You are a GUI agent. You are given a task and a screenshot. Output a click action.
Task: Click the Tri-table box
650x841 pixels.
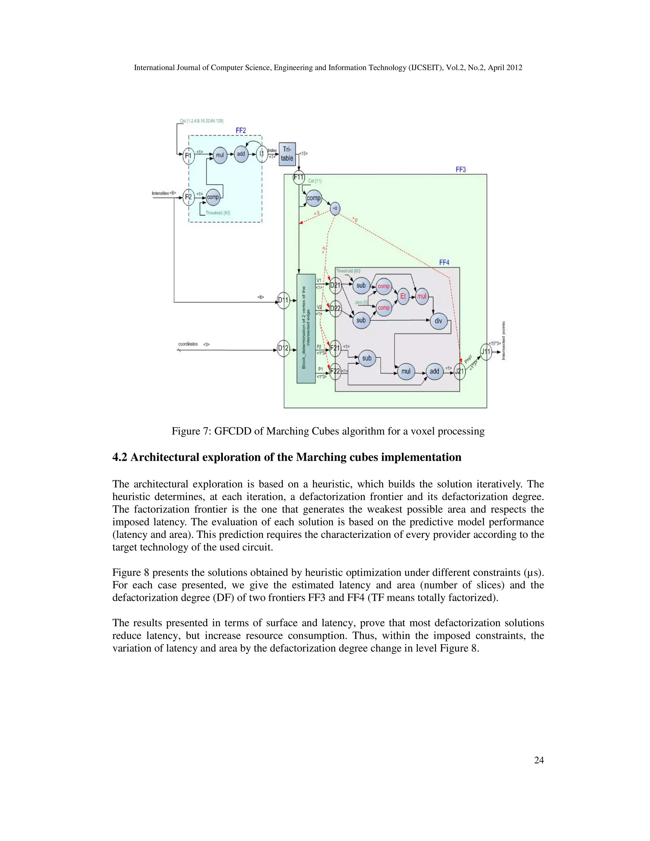287,154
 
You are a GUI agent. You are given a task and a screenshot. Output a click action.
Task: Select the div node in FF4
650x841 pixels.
438,321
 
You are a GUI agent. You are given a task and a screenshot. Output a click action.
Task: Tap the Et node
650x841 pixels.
403,296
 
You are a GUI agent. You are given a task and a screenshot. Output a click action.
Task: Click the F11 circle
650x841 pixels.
299,177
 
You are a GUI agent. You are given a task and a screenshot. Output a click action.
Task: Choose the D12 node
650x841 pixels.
283,348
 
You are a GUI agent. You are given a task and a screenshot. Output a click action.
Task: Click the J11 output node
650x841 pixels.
486,352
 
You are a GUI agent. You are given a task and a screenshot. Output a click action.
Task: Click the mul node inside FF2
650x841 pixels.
220,155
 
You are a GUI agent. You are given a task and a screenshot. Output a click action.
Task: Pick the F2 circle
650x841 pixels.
188,197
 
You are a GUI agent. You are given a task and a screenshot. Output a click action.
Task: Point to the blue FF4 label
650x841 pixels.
444,262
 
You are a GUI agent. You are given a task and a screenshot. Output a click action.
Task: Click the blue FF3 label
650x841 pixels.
461,169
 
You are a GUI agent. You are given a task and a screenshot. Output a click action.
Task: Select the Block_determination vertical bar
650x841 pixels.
306,328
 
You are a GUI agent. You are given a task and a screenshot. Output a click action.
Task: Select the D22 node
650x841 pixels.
335,308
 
